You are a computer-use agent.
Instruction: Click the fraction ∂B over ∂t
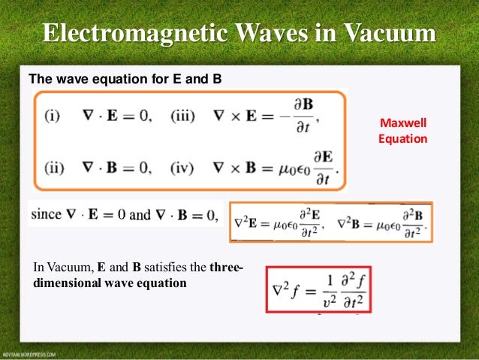point(303,117)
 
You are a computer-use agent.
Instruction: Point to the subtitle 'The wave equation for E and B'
point(125,77)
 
